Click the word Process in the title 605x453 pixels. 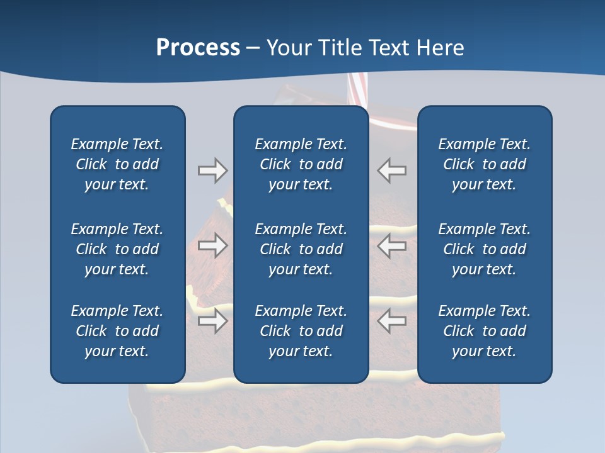point(198,48)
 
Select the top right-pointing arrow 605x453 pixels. point(212,171)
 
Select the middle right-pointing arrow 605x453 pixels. point(212,245)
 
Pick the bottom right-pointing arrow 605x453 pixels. point(212,321)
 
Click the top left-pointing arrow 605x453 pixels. point(392,171)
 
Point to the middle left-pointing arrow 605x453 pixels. point(392,245)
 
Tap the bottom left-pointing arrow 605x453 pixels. point(392,321)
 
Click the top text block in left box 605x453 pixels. point(117,164)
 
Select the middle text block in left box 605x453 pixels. point(117,249)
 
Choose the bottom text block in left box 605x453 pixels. point(117,331)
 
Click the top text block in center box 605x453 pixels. point(301,164)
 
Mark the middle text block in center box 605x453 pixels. point(301,249)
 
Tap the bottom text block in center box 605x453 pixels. point(301,331)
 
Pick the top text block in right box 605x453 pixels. point(485,164)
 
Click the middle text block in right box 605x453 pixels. point(485,249)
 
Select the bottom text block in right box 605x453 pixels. point(485,331)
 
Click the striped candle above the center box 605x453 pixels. point(357,91)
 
